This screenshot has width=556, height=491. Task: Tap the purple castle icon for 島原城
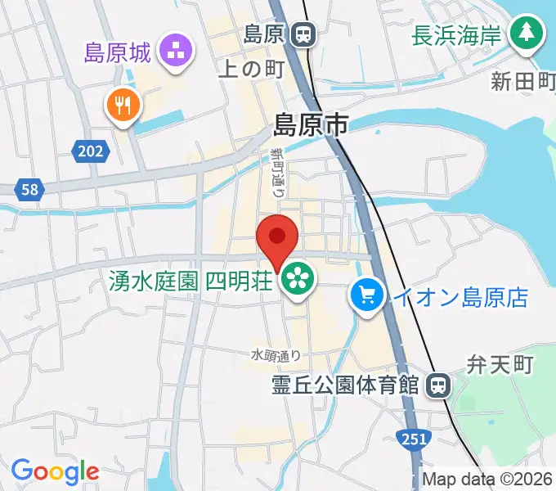pos(175,52)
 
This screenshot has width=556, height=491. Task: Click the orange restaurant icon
pos(123,106)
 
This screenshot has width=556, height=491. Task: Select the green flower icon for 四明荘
pos(298,280)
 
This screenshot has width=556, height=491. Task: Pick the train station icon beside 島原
pos(303,34)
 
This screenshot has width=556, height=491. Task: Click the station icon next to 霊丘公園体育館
pos(439,383)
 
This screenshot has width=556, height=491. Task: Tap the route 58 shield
pos(29,189)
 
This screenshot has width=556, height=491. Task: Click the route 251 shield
pos(415,439)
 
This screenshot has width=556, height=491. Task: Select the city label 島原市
pos(310,125)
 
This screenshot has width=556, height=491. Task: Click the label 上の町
pos(250,70)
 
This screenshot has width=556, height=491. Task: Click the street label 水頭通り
pos(276,355)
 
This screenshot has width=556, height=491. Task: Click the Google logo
pos(55,471)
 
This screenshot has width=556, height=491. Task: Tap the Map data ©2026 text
pos(487,480)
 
